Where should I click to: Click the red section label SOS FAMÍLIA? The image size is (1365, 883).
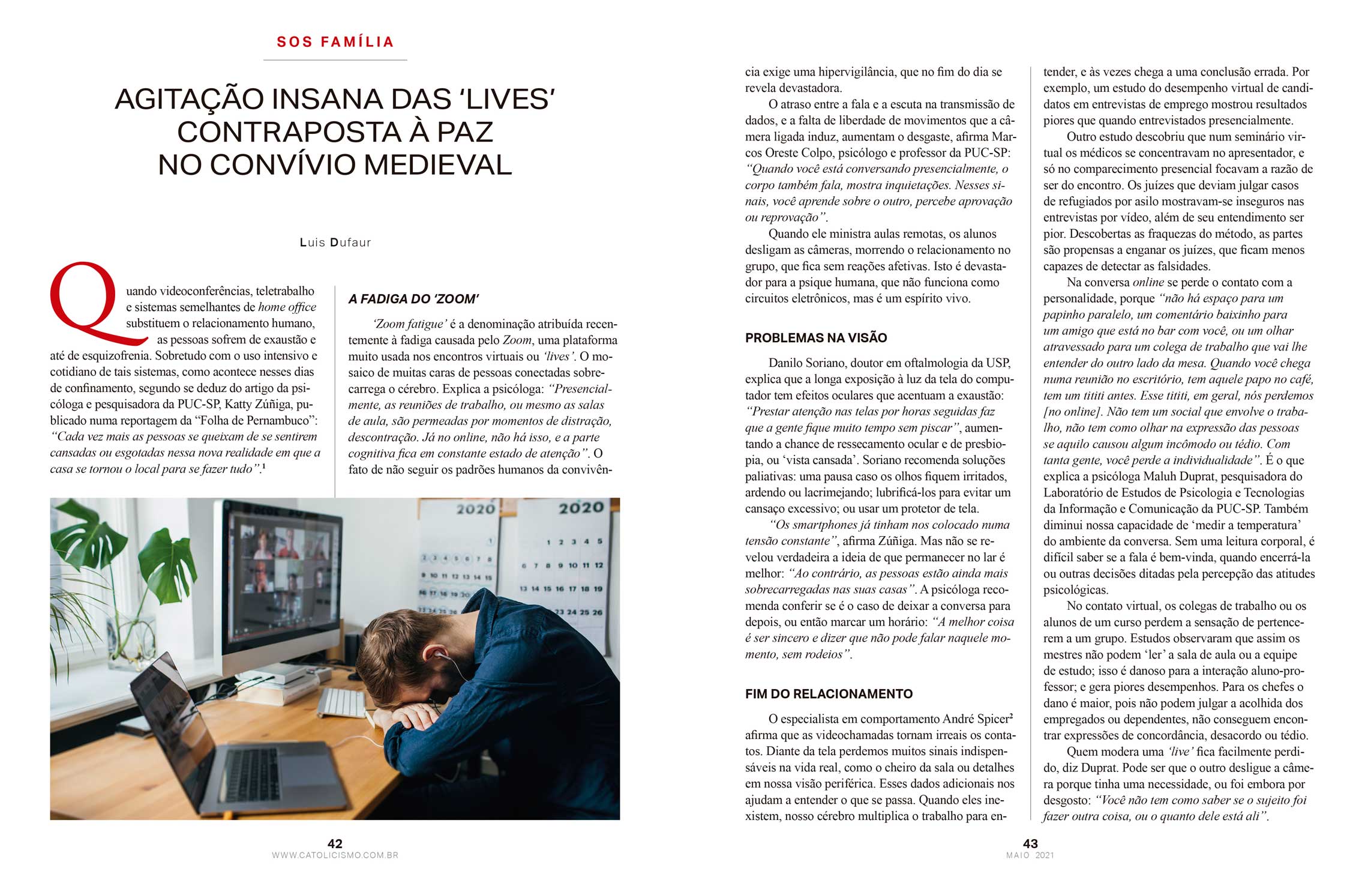(x=335, y=42)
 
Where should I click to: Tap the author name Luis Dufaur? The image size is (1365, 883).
(x=335, y=243)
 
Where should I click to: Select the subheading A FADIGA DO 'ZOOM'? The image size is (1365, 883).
(x=413, y=299)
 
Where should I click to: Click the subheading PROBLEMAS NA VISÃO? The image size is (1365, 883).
(x=815, y=338)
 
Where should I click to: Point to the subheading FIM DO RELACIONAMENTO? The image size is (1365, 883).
(x=829, y=694)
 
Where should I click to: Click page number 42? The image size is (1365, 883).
(x=335, y=843)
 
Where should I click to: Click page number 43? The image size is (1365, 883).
(x=1030, y=843)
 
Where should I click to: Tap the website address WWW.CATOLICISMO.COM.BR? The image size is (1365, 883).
(x=335, y=855)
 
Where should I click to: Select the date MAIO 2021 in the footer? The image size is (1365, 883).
(x=1030, y=855)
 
